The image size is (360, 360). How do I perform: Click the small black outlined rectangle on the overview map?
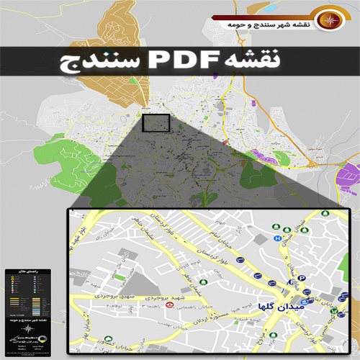(156, 122)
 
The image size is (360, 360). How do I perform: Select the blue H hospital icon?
(277, 237)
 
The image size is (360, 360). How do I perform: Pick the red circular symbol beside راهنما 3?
(170, 305)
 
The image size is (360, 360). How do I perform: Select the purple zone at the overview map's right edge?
(350, 175)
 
